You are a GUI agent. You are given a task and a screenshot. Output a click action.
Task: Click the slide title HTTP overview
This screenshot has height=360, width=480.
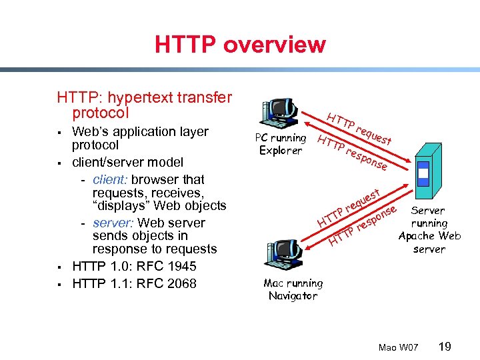(x=240, y=45)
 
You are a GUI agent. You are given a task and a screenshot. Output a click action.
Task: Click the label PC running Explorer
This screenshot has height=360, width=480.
(x=281, y=144)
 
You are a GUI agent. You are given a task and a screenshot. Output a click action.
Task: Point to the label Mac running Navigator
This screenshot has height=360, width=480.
(x=293, y=289)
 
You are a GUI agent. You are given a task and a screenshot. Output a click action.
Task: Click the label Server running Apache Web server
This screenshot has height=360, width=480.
(x=429, y=229)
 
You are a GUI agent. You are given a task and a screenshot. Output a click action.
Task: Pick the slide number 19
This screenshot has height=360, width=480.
(x=445, y=347)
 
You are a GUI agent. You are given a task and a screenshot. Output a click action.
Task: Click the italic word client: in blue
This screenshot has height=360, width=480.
(x=111, y=179)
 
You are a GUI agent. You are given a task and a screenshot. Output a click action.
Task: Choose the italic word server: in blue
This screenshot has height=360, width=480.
(x=112, y=223)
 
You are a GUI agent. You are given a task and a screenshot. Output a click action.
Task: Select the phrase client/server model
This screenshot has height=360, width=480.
(x=127, y=162)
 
